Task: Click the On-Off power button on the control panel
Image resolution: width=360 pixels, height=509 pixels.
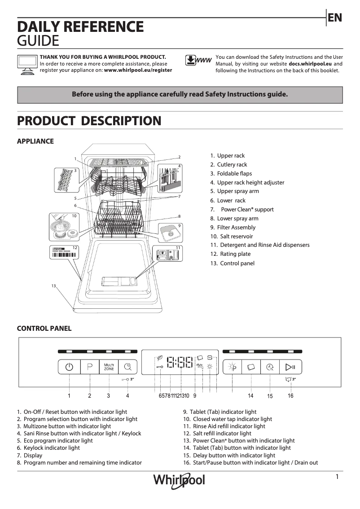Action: coord(69,367)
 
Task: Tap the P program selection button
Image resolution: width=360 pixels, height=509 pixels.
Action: coord(90,367)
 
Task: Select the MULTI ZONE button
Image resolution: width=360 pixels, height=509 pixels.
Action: coord(109,367)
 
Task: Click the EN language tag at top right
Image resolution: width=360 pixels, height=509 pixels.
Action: coord(335,18)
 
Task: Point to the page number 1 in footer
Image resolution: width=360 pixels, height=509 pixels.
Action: coord(337,477)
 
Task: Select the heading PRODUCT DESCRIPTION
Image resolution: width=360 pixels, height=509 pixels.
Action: coord(89,121)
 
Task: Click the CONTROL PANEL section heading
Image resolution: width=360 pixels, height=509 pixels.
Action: coord(44,329)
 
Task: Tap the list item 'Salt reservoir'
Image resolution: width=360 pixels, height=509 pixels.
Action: coord(236,237)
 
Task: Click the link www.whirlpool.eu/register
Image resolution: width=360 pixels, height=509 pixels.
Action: coord(138,70)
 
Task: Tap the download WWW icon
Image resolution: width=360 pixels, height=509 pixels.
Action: coord(198,61)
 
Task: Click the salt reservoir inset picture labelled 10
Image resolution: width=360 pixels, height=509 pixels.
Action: coord(63,227)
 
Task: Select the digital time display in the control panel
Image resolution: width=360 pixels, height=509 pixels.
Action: coord(180,362)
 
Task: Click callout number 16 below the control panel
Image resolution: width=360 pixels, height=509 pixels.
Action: coord(290,396)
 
